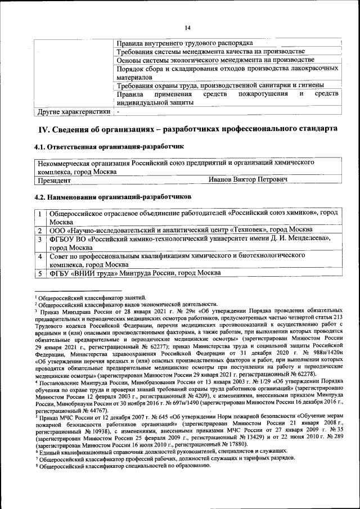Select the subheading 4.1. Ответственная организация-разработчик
click(110, 147)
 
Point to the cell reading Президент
click(54, 180)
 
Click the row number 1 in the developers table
click(40, 213)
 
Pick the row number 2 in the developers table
click(40, 230)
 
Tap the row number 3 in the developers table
click(40, 239)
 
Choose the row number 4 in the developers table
click(40, 256)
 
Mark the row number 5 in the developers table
click(40, 273)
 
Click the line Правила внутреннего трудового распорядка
click(184, 43)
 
